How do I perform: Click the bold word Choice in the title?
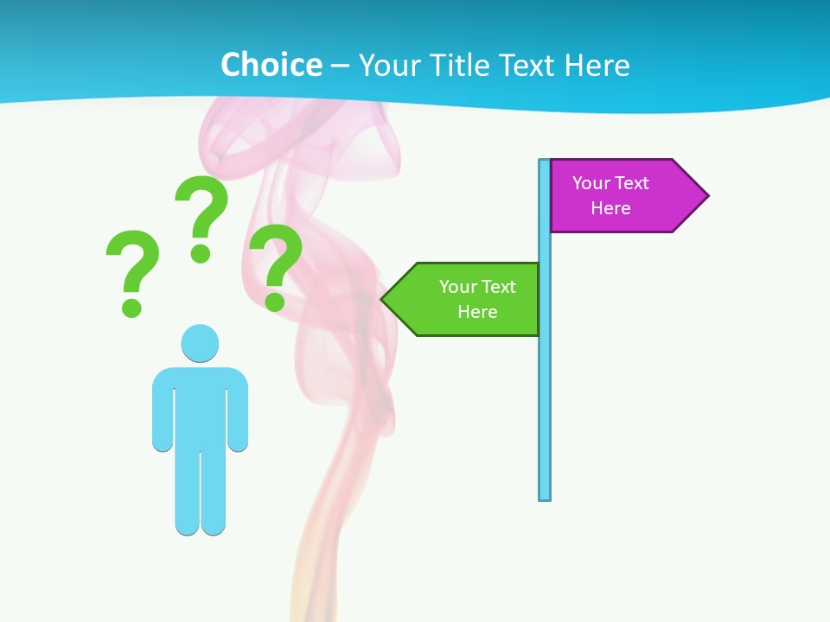click(x=271, y=65)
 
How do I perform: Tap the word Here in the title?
click(x=597, y=65)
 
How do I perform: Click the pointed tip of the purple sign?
click(x=706, y=195)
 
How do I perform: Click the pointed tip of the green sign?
click(x=384, y=299)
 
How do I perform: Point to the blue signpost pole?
click(x=545, y=389)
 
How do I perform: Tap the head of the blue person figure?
click(x=200, y=343)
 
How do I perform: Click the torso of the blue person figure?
click(x=200, y=406)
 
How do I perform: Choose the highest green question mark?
click(x=201, y=212)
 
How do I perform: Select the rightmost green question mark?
click(x=276, y=259)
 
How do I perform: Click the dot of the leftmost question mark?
click(x=131, y=307)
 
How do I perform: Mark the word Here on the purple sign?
click(x=610, y=208)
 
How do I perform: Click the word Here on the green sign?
click(x=477, y=312)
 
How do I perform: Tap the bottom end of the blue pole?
click(x=545, y=496)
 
